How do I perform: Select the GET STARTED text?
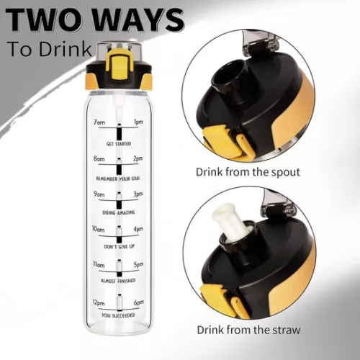(119, 143)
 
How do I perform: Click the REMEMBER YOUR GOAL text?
(119, 178)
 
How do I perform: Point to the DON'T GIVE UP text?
(119, 247)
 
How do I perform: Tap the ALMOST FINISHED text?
(119, 282)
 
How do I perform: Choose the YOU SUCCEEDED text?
(119, 315)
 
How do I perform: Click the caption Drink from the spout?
(247, 172)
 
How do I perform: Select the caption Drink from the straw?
(247, 330)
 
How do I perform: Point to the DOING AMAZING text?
(119, 212)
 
